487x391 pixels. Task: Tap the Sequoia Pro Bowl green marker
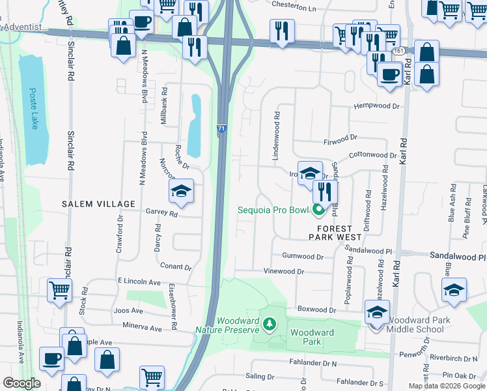(x=318, y=210)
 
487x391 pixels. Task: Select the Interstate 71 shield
(x=221, y=130)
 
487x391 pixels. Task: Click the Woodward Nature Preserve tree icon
(x=269, y=323)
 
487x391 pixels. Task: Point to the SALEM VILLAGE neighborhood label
(x=98, y=204)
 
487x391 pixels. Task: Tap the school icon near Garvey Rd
(x=181, y=192)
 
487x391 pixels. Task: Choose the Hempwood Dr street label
(x=376, y=106)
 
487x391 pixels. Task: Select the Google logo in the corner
(x=22, y=383)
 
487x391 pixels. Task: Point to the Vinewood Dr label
(x=283, y=271)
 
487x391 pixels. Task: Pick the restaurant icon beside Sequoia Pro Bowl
(x=324, y=192)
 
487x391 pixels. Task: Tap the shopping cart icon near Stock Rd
(x=59, y=291)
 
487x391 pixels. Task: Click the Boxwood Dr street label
(x=315, y=310)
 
